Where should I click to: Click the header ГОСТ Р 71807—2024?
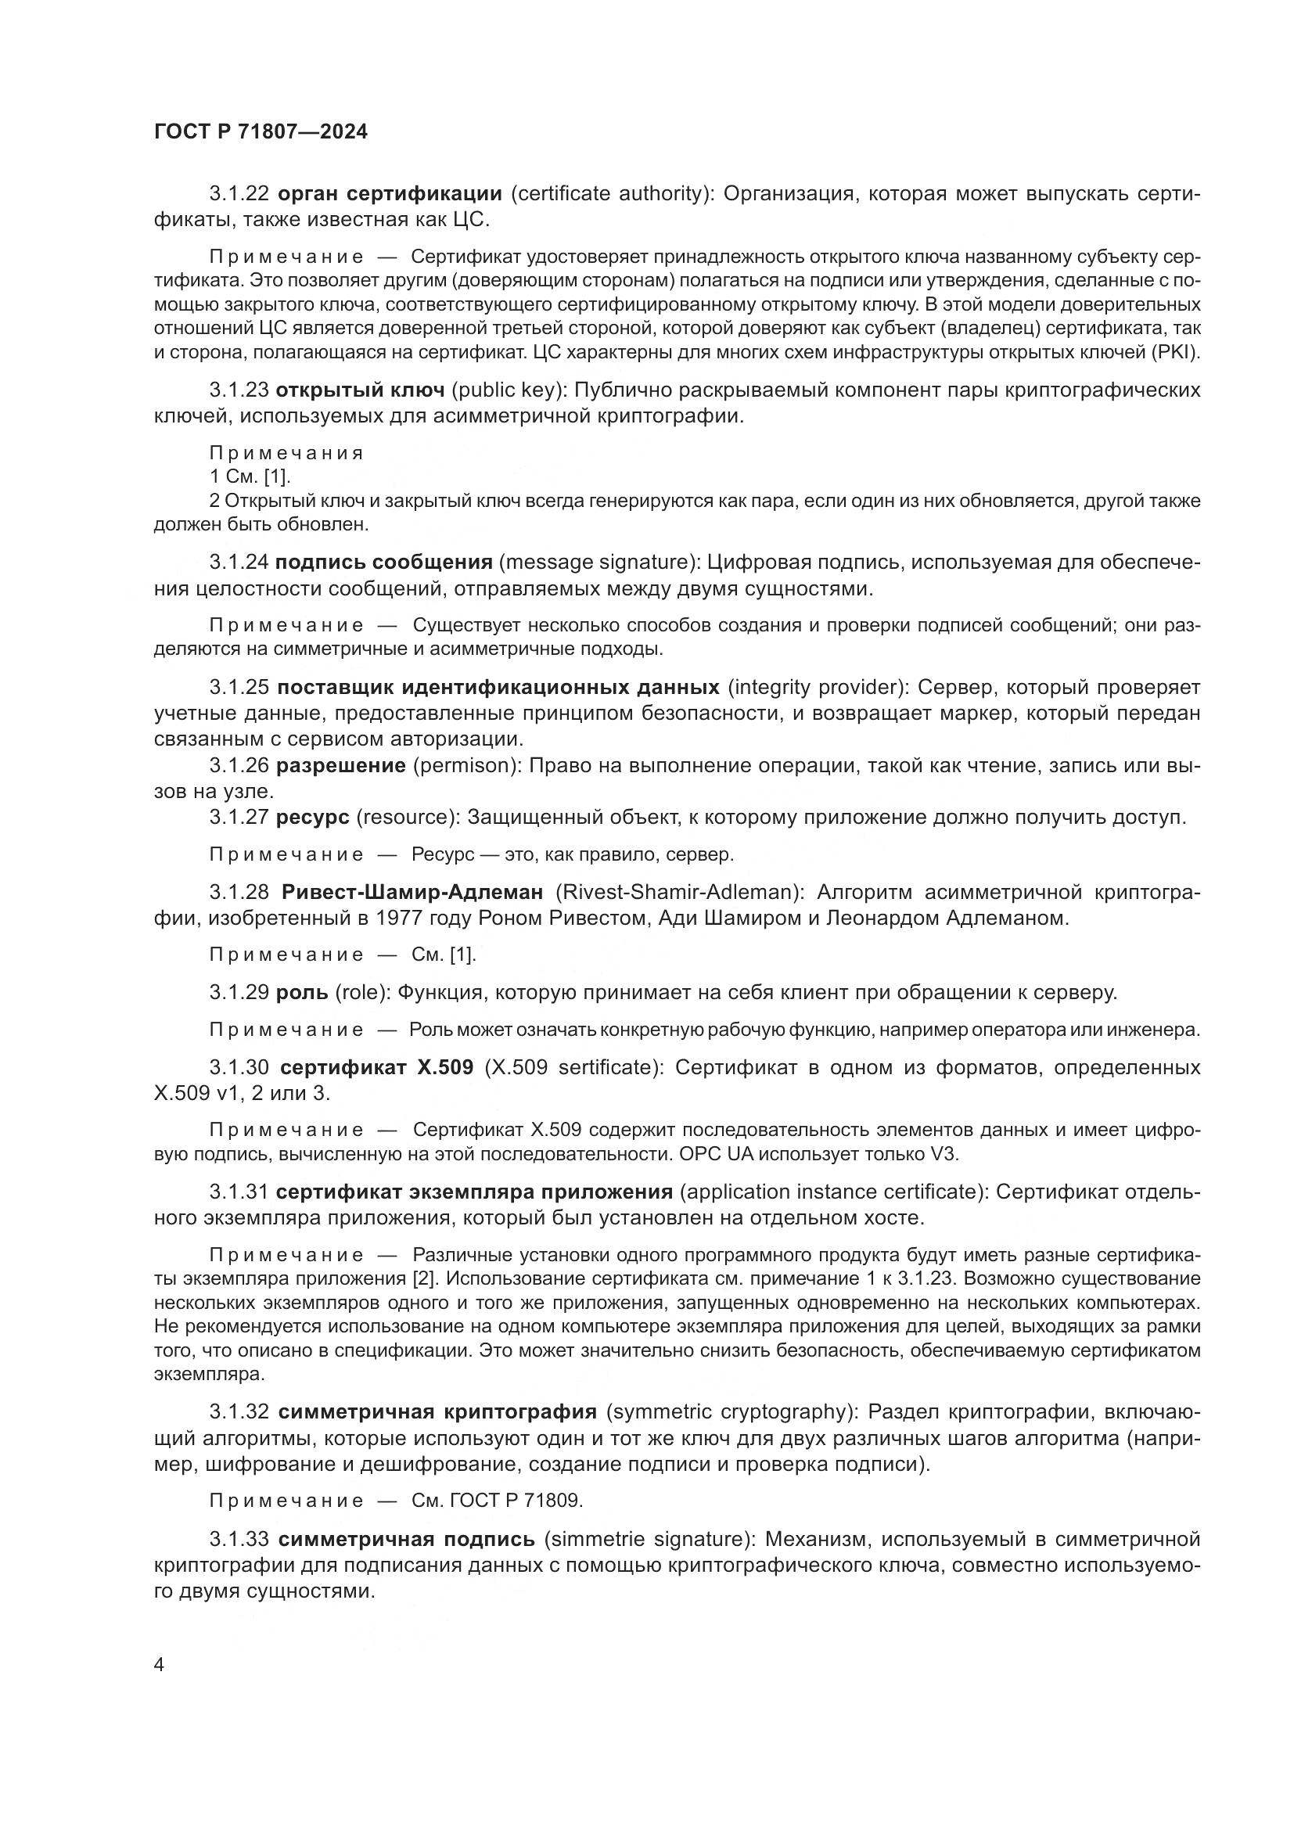261,131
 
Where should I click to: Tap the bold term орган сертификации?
389,194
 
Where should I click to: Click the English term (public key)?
506,390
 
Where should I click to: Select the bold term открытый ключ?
359,390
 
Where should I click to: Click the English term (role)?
361,992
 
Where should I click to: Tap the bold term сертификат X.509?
377,1067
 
